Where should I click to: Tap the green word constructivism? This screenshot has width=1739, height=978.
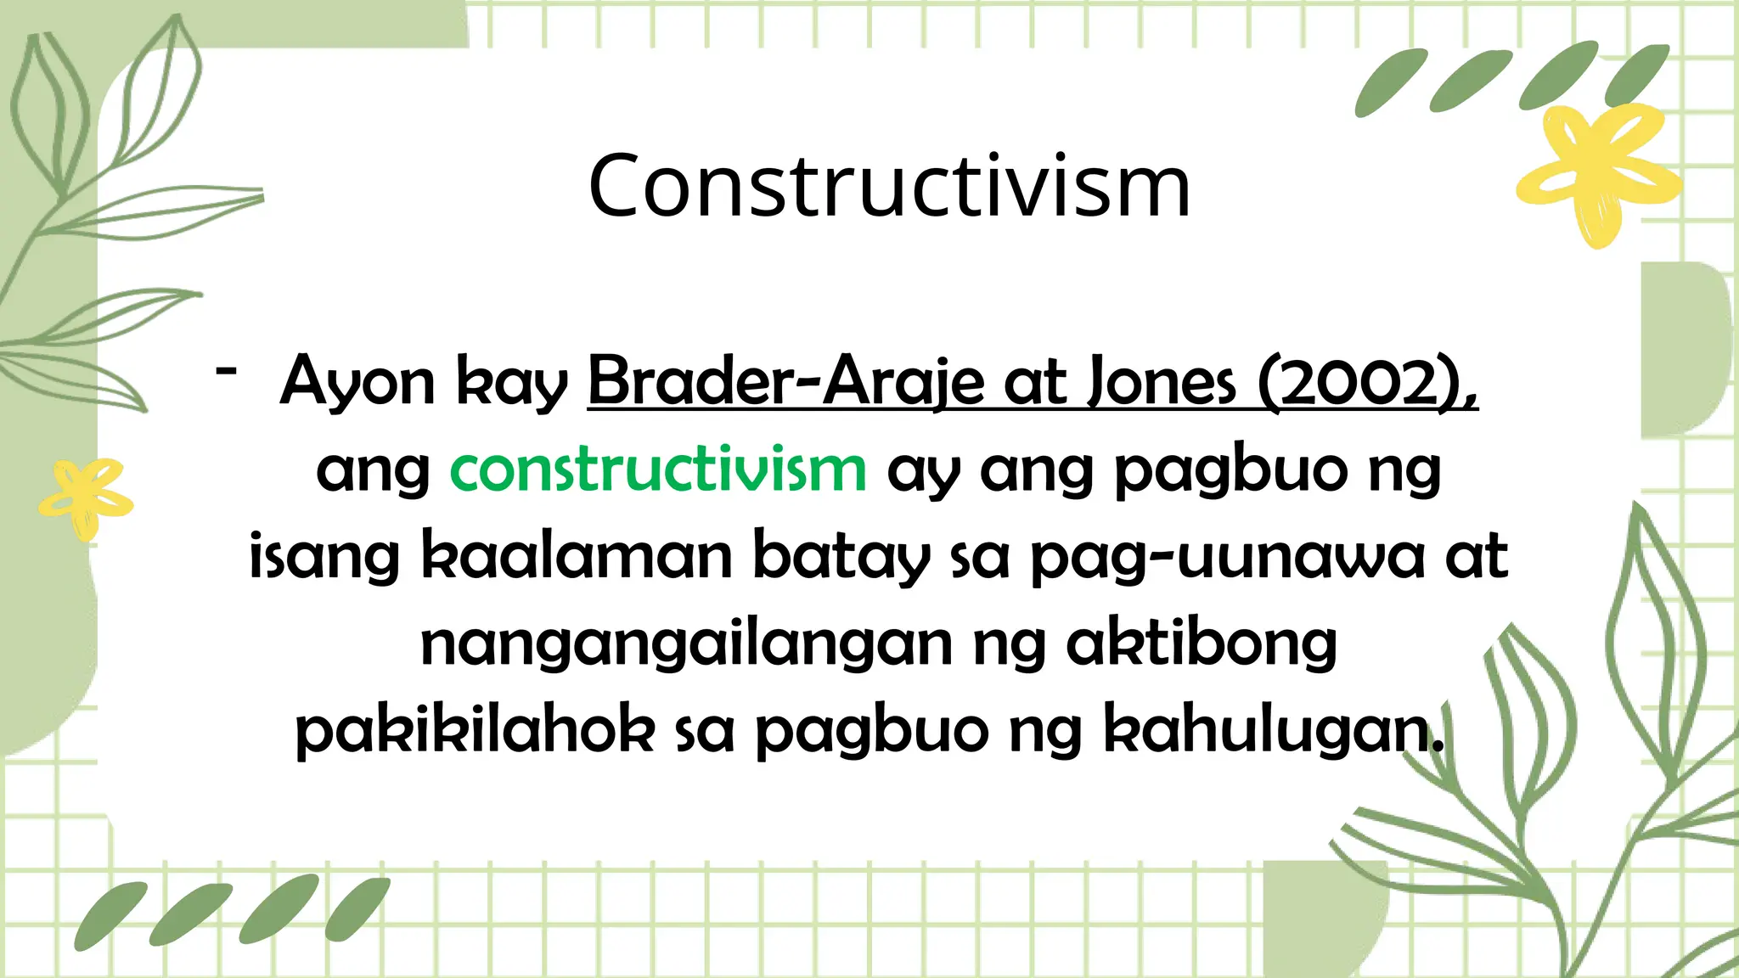click(x=658, y=469)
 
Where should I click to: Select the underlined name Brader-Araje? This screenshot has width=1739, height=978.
click(x=785, y=382)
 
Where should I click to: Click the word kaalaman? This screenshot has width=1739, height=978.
click(x=577, y=557)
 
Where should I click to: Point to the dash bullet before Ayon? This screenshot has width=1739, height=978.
click(x=226, y=371)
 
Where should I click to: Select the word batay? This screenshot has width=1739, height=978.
click(x=841, y=557)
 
